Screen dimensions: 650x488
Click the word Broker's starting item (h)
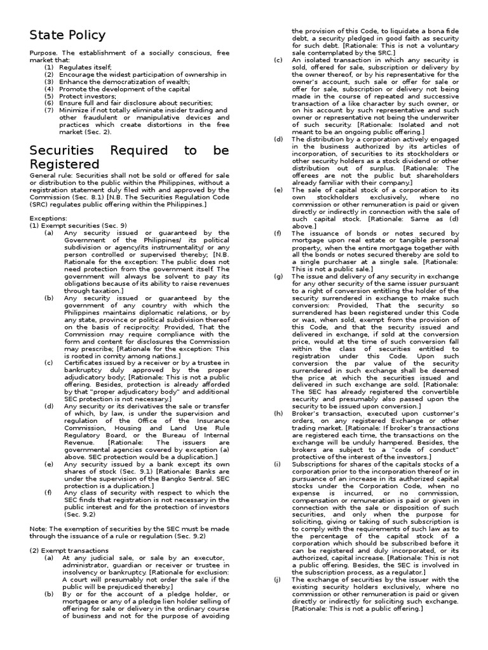coord(305,413)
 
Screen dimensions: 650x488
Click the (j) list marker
coord(278,580)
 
